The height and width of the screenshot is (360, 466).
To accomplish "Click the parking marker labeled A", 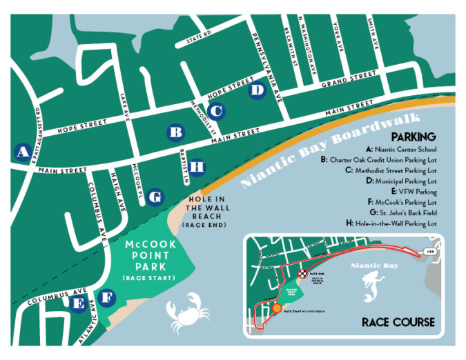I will coord(22,151).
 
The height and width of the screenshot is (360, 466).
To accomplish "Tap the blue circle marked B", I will coord(176,132).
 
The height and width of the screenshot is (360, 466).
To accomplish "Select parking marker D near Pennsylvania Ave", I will coord(257,90).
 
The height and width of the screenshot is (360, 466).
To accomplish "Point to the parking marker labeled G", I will coord(155,197).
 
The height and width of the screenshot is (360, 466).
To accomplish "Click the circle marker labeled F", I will coord(106,299).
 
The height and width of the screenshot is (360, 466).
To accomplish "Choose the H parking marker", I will coord(197,166).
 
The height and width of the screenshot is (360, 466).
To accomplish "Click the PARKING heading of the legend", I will coord(413,137).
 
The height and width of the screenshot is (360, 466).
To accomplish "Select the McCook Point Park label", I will coord(151,256).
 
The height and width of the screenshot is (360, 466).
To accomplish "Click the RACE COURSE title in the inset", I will coord(398,322).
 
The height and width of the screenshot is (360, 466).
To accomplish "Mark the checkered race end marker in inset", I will coord(302,274).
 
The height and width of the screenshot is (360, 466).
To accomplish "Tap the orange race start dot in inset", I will coord(278,308).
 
